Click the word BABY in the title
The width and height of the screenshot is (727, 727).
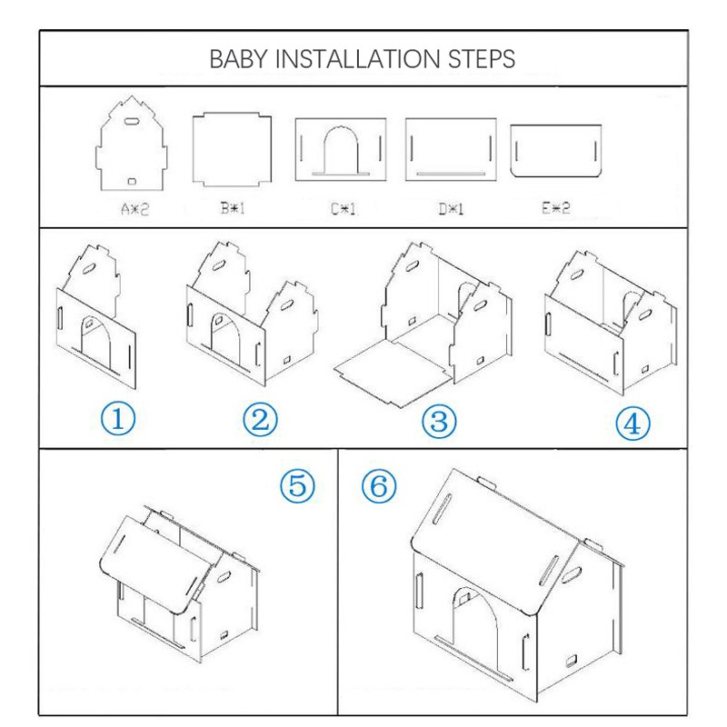tap(239, 59)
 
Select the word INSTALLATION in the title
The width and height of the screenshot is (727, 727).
tap(357, 59)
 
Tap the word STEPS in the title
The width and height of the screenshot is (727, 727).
tap(482, 59)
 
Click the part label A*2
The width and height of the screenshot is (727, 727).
tap(134, 210)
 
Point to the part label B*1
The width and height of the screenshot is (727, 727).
tap(233, 209)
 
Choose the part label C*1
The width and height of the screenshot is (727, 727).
tap(344, 210)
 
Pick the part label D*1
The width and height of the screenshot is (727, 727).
tap(451, 210)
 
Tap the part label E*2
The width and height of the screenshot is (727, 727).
tap(556, 208)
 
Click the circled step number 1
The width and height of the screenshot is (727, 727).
tap(118, 419)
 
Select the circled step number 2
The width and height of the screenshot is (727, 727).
tap(260, 420)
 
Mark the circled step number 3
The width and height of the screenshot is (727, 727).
tap(439, 422)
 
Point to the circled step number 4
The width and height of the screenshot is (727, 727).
tap(632, 423)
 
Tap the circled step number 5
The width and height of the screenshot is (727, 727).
tap(297, 485)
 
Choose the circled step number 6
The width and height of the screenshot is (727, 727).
tap(379, 485)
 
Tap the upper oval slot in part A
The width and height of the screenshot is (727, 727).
tap(131, 122)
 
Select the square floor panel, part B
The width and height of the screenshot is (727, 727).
tap(232, 149)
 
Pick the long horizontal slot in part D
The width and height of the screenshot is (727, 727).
tap(451, 174)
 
